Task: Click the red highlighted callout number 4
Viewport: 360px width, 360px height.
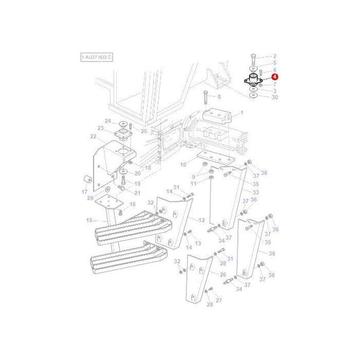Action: [x=275, y=78]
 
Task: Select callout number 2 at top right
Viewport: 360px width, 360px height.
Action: [x=274, y=56]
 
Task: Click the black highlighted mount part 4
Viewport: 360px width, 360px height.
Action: [x=253, y=82]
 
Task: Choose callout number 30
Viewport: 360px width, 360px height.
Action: [x=274, y=97]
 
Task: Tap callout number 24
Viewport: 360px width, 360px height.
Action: [x=107, y=121]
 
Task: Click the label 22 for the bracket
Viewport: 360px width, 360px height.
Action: [x=93, y=136]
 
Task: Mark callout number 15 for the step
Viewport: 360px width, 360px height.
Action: [x=88, y=220]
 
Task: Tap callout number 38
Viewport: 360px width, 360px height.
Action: [x=272, y=253]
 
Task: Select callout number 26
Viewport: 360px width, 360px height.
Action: [x=223, y=275]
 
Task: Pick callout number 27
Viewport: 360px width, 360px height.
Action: [x=218, y=299]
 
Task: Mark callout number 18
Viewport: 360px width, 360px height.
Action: [x=148, y=167]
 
